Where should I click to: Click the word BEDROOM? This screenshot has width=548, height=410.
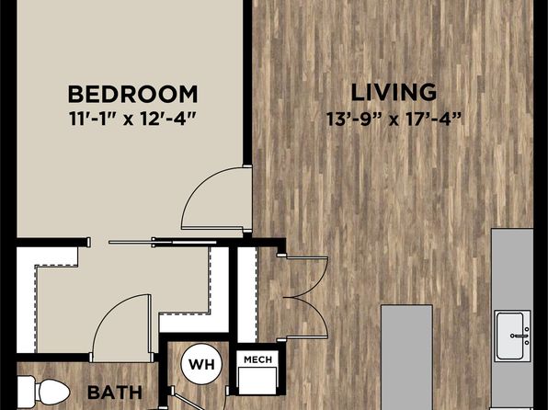click(x=133, y=94)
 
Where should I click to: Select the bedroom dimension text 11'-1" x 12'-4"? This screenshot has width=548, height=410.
click(x=133, y=117)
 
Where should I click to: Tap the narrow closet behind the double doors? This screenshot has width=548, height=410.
click(x=246, y=294)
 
